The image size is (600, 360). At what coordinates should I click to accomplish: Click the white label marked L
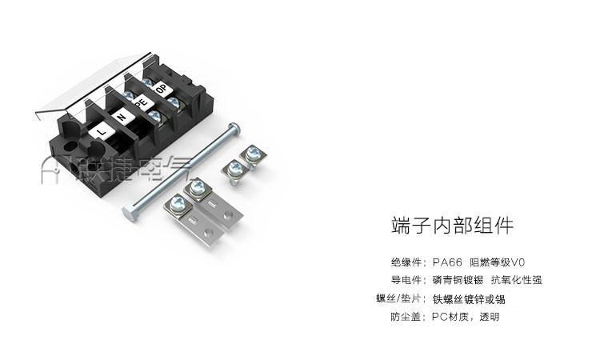pyautogui.click(x=102, y=132)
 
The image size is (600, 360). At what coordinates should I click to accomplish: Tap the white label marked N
pyautogui.click(x=122, y=117)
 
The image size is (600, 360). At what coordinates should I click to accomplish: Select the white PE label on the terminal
pyautogui.click(x=142, y=102)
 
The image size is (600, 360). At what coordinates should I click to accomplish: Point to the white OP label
pyautogui.click(x=162, y=89)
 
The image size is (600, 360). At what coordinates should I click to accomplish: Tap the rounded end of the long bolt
pyautogui.click(x=234, y=129)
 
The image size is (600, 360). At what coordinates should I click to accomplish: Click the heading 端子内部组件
pyautogui.click(x=452, y=225)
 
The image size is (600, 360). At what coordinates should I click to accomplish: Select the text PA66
pyautogui.click(x=447, y=262)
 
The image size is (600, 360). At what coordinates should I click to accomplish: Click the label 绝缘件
pyautogui.click(x=406, y=262)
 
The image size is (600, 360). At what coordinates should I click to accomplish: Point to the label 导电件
pyautogui.click(x=406, y=280)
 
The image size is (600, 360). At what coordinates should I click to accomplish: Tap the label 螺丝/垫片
pyautogui.click(x=399, y=298)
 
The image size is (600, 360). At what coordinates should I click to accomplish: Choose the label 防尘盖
pyautogui.click(x=406, y=317)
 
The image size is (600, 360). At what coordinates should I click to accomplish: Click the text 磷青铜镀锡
pyautogui.click(x=458, y=280)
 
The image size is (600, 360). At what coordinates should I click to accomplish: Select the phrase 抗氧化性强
pyautogui.click(x=517, y=280)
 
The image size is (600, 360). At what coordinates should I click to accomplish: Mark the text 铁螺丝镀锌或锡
pyautogui.click(x=469, y=298)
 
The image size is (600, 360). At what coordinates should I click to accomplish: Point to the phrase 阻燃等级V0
pyautogui.click(x=498, y=262)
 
